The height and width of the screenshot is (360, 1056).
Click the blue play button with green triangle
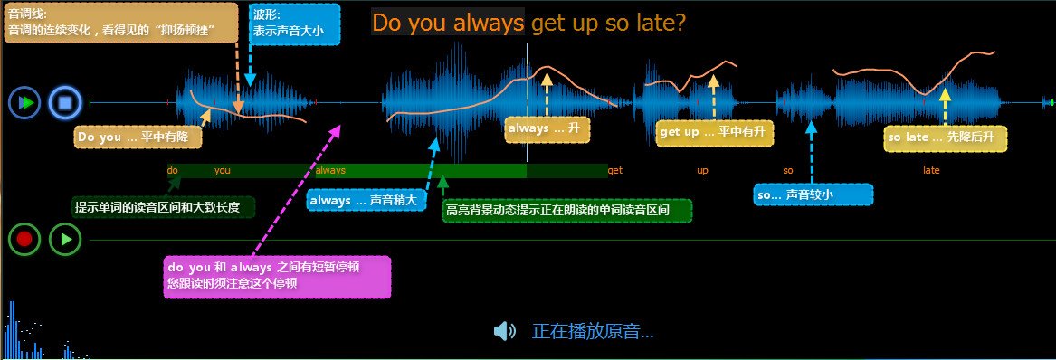(25, 103)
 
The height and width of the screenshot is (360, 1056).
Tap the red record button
(25, 239)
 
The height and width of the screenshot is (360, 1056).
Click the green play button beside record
(65, 239)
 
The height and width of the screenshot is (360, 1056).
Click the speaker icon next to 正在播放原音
(504, 331)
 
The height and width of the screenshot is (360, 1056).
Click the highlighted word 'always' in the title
(489, 23)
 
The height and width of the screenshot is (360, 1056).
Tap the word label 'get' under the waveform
(615, 171)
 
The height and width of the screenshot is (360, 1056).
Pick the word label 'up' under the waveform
(702, 171)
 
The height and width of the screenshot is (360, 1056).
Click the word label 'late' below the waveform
(931, 171)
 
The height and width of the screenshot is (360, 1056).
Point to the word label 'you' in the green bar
(223, 171)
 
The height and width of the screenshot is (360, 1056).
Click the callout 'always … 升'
(547, 129)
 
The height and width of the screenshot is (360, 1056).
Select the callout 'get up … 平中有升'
(715, 133)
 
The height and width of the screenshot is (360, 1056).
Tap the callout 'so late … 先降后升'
(946, 138)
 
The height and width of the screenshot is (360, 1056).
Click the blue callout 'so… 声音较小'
(813, 195)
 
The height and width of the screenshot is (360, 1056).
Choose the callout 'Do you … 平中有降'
(138, 137)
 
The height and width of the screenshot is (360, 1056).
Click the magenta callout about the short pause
(277, 277)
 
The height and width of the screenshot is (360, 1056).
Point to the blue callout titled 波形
(295, 24)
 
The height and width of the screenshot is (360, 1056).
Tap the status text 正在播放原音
(593, 331)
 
